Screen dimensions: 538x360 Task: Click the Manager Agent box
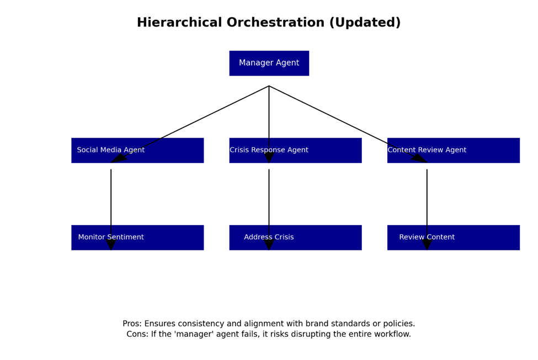point(269,63)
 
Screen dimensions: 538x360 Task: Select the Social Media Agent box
point(137,150)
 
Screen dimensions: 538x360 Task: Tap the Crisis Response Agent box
point(295,150)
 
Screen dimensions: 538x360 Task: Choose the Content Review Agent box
point(454,150)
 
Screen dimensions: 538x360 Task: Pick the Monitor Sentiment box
point(137,237)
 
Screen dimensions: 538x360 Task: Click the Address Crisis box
point(295,237)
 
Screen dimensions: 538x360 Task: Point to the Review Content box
point(454,237)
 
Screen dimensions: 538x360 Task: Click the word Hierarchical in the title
point(179,22)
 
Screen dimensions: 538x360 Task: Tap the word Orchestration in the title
point(275,22)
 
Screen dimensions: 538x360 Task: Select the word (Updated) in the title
point(365,23)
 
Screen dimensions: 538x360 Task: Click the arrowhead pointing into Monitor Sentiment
point(111,245)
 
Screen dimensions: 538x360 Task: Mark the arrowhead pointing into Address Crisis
point(269,245)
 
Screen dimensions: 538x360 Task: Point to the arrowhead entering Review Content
point(427,245)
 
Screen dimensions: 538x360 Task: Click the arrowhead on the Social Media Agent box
point(119,158)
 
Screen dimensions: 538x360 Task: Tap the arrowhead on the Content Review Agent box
point(419,158)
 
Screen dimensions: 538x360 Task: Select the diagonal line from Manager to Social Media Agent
point(190,124)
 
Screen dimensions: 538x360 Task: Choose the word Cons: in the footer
point(137,334)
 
